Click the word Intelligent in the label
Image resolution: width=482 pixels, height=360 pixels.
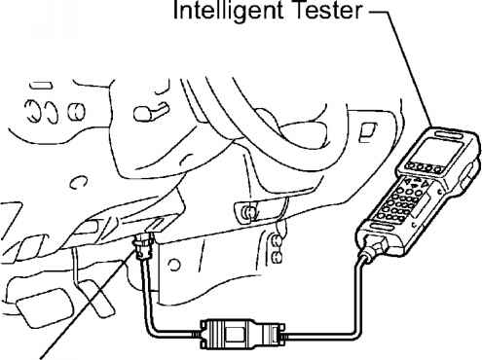coord(228,11)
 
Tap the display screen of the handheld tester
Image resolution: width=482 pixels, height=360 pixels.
coord(440,149)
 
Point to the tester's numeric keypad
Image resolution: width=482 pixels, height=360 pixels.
coord(401,201)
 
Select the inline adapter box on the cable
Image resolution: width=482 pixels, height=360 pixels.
coord(241,335)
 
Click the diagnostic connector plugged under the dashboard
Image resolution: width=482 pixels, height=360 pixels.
coord(143,246)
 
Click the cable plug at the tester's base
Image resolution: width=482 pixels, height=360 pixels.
coord(375,246)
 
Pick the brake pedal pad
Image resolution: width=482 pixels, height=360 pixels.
coord(44,306)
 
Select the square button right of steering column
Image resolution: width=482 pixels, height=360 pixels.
coord(367,132)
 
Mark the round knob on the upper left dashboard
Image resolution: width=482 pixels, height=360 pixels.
coord(77,111)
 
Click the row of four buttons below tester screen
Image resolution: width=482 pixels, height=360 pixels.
coord(426,167)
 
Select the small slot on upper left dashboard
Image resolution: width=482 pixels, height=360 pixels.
coord(40,86)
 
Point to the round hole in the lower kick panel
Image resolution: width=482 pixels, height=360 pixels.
coord(174,265)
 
